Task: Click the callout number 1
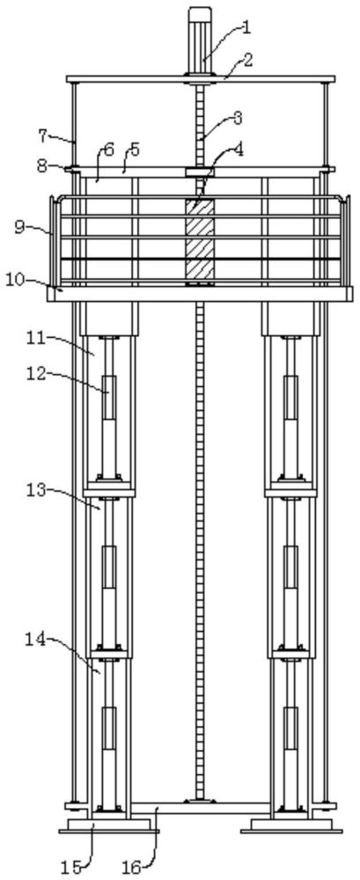[x=246, y=27]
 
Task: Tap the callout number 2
[x=247, y=60]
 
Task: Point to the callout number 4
[x=239, y=150]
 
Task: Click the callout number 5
[x=135, y=150]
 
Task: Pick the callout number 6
[x=109, y=150]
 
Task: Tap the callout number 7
[x=43, y=136]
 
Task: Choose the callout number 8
[x=42, y=166]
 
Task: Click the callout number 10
[x=17, y=279]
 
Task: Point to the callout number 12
[x=36, y=374]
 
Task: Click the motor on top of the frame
[x=200, y=40]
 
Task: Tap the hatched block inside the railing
[x=200, y=239]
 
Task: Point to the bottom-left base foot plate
[x=108, y=825]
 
